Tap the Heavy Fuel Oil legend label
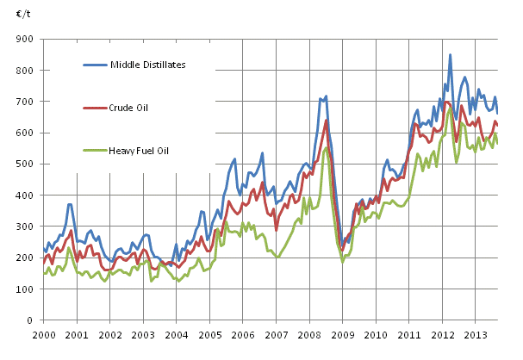point(139,151)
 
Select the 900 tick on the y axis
point(24,40)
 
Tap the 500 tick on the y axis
point(24,164)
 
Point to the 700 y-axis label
point(24,102)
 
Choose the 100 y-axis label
point(24,289)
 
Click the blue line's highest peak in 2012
point(450,55)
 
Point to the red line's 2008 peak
point(327,120)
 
